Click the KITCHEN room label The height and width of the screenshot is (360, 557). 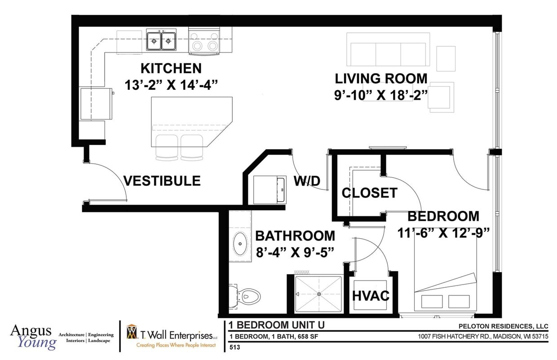tap(171, 69)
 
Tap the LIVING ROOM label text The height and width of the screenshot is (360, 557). tap(381, 78)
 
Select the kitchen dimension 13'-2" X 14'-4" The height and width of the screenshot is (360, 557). tap(171, 85)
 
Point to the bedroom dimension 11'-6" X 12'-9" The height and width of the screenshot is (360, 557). tap(443, 233)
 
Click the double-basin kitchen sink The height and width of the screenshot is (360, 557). tap(161, 41)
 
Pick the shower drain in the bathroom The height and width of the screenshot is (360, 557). tap(319, 294)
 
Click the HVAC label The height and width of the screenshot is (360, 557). tap(371, 296)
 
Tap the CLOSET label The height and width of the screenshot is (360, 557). tap(369, 193)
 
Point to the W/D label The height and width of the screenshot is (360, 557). tap(307, 181)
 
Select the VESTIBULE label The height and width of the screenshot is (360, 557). tap(162, 181)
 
